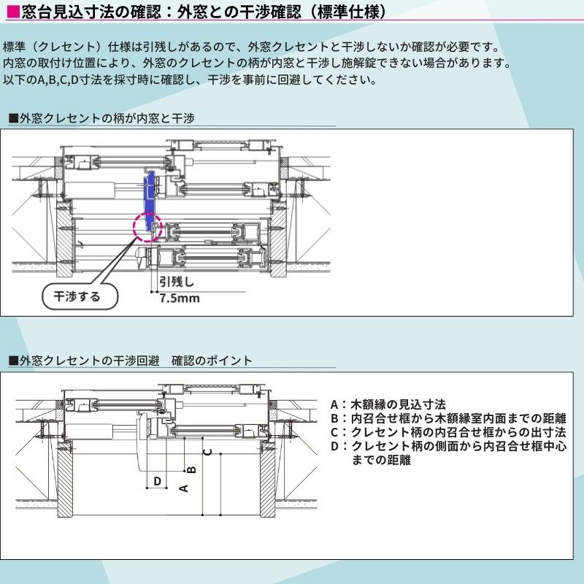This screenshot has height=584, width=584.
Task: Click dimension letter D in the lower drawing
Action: click(157, 481)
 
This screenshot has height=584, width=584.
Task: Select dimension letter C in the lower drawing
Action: click(208, 451)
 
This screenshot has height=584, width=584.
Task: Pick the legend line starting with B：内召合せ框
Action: click(448, 418)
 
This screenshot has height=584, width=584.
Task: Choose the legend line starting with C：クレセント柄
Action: click(448, 432)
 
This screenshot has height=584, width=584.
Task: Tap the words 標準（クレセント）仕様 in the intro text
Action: click(62, 47)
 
